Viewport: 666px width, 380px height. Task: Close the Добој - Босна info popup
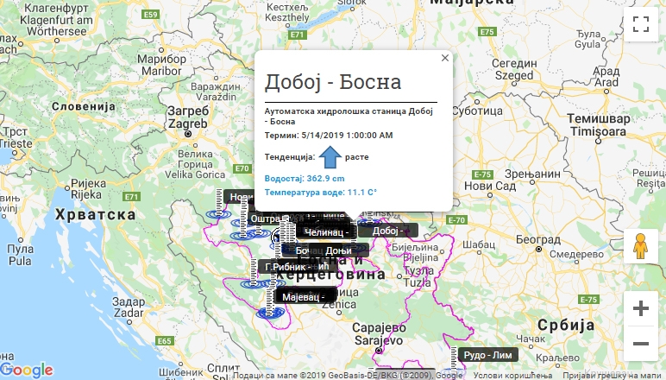tap(445, 58)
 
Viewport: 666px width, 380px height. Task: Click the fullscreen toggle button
tap(640, 24)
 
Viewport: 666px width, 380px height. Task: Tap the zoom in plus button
tap(640, 308)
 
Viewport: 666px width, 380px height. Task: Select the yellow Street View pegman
tap(640, 247)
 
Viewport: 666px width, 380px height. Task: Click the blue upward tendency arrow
tap(330, 157)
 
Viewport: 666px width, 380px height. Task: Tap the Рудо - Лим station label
tap(487, 355)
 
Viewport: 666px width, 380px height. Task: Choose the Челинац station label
tap(325, 231)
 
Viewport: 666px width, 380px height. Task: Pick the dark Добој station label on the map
tap(387, 231)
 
